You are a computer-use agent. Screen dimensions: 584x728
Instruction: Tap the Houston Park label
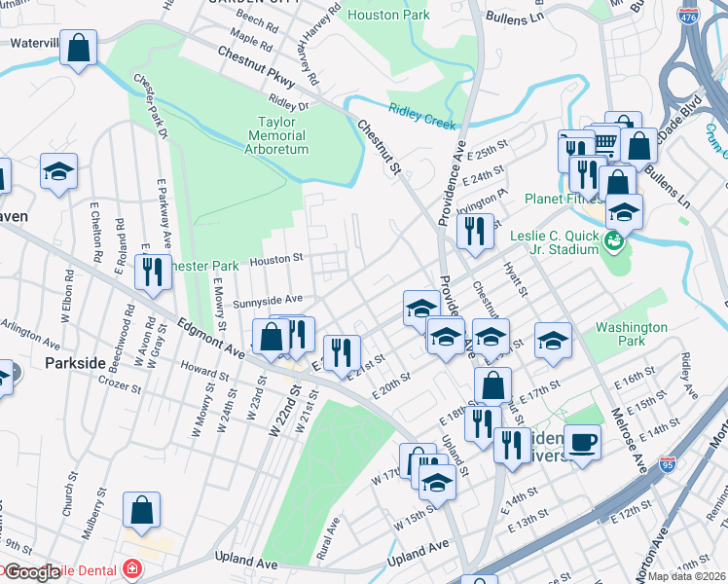click(388, 16)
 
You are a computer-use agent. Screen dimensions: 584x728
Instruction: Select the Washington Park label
click(632, 335)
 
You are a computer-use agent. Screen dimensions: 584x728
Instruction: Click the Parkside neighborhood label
click(75, 362)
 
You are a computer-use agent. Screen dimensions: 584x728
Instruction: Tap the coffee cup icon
click(582, 442)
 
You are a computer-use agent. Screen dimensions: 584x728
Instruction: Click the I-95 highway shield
click(668, 464)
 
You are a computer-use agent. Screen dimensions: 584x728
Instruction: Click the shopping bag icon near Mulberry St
click(142, 508)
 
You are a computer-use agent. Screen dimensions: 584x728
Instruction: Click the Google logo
click(33, 572)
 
